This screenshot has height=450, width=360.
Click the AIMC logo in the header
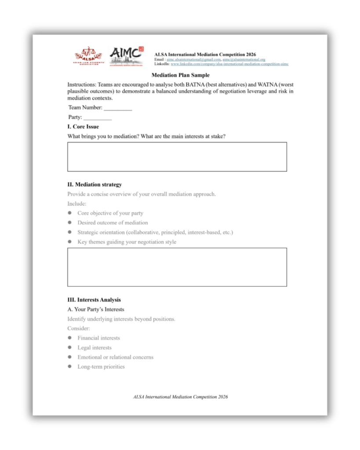click(x=126, y=56)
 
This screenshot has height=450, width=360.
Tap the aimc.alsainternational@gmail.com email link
click(x=193, y=59)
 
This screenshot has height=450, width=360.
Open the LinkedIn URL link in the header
click(x=229, y=64)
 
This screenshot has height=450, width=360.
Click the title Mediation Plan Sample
click(x=180, y=75)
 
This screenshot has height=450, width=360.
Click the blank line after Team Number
click(x=118, y=108)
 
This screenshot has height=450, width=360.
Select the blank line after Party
click(x=98, y=117)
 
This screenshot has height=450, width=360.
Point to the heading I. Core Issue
click(x=83, y=127)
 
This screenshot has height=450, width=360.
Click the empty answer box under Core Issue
click(x=177, y=156)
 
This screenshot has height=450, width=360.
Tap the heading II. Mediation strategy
click(x=95, y=185)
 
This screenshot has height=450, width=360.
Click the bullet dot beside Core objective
click(x=69, y=213)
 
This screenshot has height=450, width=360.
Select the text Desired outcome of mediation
click(x=113, y=223)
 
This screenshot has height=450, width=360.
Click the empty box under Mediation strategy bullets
click(x=177, y=267)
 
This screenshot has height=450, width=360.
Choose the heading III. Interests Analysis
click(x=94, y=300)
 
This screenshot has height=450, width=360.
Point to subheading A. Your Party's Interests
click(x=96, y=309)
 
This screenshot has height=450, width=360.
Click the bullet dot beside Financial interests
click(x=69, y=338)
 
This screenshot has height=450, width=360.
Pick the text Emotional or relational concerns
click(x=115, y=357)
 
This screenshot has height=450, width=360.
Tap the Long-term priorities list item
click(x=101, y=367)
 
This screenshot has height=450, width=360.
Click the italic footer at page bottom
click(x=180, y=397)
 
